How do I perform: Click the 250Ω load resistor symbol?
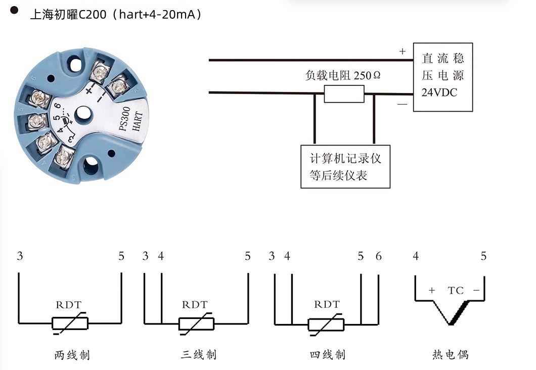pos(344,94)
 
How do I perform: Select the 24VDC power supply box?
pos(443,77)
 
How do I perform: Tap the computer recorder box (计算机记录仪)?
pos(345,167)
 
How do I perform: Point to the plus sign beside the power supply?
pos(403,51)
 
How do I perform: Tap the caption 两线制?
pos(72,355)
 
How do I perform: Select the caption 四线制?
pos(327,355)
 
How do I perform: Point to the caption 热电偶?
pos(450,355)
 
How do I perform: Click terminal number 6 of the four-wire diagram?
pos(378,256)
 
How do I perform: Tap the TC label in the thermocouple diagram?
pos(456,291)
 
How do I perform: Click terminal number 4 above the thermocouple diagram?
pos(416,256)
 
